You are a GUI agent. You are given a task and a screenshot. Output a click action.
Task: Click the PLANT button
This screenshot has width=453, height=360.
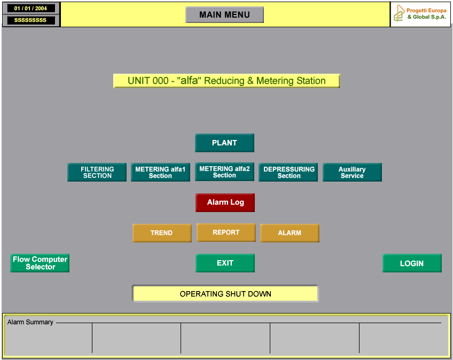point(224,143)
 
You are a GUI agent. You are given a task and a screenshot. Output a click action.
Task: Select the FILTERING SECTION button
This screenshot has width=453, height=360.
point(97,172)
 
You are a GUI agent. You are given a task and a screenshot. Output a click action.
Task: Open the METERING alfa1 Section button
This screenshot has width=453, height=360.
point(160,172)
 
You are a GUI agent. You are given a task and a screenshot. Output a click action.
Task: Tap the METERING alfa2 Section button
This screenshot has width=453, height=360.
point(224,171)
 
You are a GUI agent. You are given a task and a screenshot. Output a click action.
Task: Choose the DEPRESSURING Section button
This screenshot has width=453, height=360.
point(288,172)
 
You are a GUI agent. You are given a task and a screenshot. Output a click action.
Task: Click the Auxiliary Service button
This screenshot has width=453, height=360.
point(352,172)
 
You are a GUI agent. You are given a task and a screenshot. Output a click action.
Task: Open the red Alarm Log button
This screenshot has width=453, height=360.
point(225,202)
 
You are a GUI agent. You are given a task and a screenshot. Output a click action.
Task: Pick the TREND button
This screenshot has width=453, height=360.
point(162,233)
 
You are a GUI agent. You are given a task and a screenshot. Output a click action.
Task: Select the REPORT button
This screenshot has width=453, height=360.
point(226,232)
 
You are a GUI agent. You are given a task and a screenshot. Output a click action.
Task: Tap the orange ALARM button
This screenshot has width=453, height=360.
point(290,233)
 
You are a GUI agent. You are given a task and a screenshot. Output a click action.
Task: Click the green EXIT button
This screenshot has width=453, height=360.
point(225,263)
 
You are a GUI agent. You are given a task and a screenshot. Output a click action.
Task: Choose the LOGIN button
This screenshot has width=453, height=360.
point(412,263)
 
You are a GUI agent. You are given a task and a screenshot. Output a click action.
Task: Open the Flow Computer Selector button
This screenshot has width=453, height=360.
point(40,263)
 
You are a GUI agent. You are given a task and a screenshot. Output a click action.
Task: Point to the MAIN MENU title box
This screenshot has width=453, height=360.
point(224,15)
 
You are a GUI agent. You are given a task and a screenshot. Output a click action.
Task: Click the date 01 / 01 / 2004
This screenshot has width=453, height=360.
point(30,9)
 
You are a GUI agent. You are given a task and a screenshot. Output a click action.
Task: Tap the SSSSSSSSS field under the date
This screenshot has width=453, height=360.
point(30,20)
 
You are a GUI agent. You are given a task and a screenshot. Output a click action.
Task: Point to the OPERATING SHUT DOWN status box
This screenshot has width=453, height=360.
point(225,294)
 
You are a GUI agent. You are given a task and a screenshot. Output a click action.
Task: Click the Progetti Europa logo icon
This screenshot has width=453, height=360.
point(399,13)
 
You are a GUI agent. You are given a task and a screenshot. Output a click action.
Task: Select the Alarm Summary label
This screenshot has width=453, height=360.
point(30,322)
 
